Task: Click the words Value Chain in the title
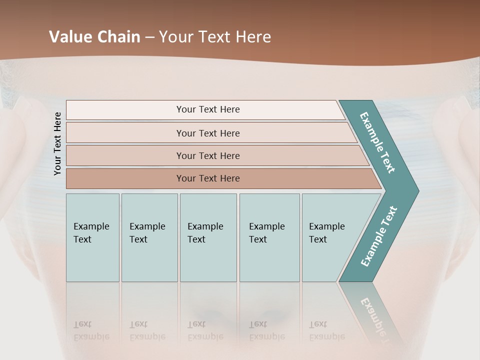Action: pos(94,36)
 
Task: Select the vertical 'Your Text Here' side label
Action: pos(57,143)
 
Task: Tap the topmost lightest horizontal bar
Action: pos(207,109)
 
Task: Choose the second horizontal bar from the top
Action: pos(207,133)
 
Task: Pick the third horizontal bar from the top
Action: pos(207,155)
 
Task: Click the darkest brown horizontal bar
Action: pos(207,178)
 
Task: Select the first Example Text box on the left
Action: pos(92,237)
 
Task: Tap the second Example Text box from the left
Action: pos(149,237)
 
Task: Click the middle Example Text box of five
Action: pos(208,237)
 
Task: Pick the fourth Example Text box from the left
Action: pos(269,237)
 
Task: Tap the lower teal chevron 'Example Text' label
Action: pos(379,236)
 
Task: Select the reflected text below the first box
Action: pos(91,331)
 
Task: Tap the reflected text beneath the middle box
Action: pos(205,331)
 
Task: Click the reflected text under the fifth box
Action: pos(327,331)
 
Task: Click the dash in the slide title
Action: pos(149,37)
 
